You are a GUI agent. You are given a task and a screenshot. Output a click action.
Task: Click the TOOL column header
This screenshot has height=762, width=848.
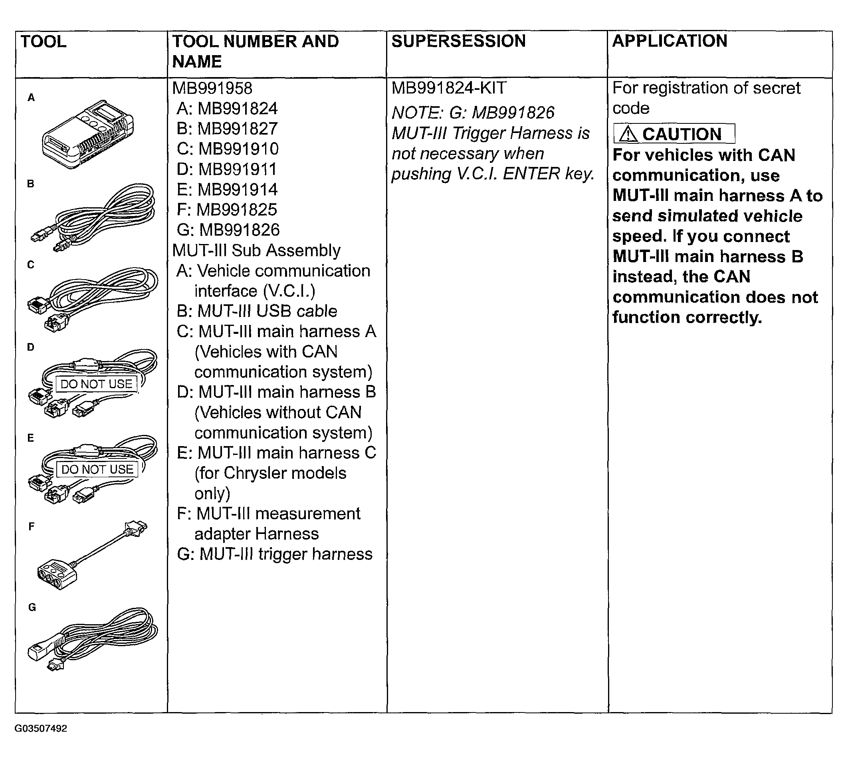pos(44,42)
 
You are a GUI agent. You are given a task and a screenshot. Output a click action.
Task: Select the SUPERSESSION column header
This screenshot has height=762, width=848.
pos(458,42)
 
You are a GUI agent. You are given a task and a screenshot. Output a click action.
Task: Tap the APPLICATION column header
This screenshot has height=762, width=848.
pos(669,42)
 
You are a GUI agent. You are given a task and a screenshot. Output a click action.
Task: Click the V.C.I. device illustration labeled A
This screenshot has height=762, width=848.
pos(88,134)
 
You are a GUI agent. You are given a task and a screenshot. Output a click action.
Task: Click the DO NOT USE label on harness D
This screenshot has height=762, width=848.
pos(96,384)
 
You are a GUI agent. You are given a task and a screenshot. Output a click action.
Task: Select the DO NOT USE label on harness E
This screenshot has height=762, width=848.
pos(97,469)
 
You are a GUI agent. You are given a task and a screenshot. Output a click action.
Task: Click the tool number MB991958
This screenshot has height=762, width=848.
pos(212,88)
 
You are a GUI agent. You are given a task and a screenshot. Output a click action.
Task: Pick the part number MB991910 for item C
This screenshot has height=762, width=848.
pos(238,149)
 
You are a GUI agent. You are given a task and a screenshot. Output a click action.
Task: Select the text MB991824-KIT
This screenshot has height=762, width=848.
pos(449,88)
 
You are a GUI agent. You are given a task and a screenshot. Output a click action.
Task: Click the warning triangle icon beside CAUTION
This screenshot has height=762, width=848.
pos(628,135)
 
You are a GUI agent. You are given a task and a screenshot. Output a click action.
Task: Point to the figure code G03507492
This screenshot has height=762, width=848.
pos(41,728)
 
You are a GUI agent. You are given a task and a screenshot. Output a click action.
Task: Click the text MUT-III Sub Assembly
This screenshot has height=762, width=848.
pos(256,250)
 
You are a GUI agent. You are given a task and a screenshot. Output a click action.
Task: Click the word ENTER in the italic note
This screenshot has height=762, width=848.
pos(531,174)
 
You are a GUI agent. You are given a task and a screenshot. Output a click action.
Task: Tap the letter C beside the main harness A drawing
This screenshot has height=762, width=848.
pos(31,265)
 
